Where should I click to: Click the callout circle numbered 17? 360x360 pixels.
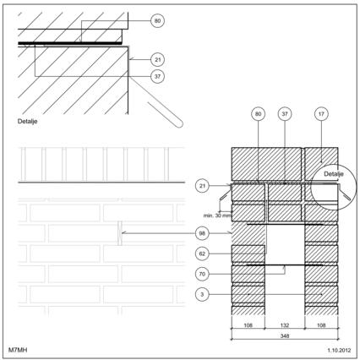pyautogui.click(x=321, y=114)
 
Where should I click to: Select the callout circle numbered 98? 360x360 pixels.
pyautogui.click(x=202, y=233)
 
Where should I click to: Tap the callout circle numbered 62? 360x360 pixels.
pyautogui.click(x=202, y=254)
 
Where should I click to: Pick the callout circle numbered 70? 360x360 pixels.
pyautogui.click(x=202, y=274)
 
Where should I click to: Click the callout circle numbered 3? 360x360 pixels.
pyautogui.click(x=202, y=295)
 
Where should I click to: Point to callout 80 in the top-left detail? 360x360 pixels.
pyautogui.click(x=157, y=21)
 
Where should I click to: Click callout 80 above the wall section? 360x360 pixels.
pyautogui.click(x=258, y=114)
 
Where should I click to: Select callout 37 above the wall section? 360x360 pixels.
pyautogui.click(x=285, y=114)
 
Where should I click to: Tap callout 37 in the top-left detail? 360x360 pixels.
pyautogui.click(x=157, y=76)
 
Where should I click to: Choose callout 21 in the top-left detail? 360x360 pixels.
pyautogui.click(x=157, y=60)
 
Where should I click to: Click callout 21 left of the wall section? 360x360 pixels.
pyautogui.click(x=202, y=186)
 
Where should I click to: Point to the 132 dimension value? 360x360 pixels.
pyautogui.click(x=285, y=325)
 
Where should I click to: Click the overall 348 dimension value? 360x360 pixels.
pyautogui.click(x=285, y=335)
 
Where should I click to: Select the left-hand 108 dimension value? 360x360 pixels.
pyautogui.click(x=248, y=325)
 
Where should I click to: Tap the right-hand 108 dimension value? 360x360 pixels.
pyautogui.click(x=321, y=325)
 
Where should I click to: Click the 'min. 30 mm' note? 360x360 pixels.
pyautogui.click(x=217, y=215)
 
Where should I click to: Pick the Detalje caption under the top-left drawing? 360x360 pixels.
pyautogui.click(x=27, y=122)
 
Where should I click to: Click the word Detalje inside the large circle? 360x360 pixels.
pyautogui.click(x=334, y=174)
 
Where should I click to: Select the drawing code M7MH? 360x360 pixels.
pyautogui.click(x=18, y=350)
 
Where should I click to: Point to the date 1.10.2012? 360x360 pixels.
pyautogui.click(x=339, y=350)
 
